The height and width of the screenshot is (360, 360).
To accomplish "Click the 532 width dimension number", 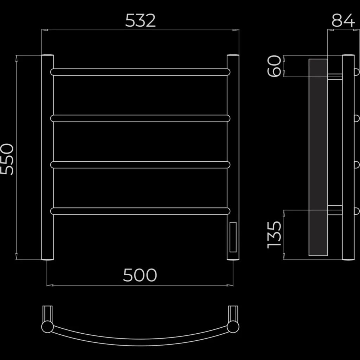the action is [x=140, y=20].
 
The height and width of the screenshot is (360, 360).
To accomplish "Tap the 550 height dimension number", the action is [x=7, y=159].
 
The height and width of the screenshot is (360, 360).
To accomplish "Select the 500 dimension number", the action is [x=140, y=275].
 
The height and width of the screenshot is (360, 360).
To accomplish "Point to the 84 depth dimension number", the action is [x=343, y=20].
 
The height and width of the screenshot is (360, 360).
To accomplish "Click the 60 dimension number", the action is [x=274, y=66].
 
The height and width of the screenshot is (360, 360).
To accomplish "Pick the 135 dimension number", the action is [x=274, y=234].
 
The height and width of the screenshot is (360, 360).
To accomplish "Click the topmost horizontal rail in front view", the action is [x=140, y=72].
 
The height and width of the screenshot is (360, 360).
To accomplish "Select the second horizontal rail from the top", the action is [x=140, y=118].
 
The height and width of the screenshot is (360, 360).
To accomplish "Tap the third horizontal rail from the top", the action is [x=140, y=165].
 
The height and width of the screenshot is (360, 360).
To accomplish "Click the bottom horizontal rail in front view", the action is [x=140, y=211].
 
